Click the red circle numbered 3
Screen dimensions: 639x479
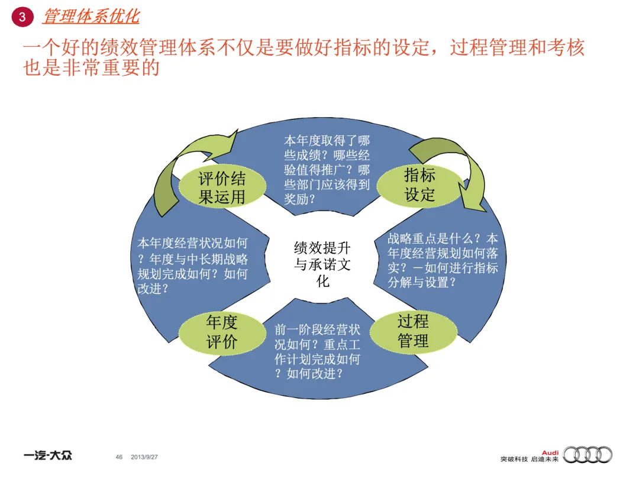22,17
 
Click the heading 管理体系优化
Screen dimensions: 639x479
91,17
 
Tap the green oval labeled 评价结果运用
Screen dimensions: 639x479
222,187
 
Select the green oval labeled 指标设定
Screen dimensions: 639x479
419,185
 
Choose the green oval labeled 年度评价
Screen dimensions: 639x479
222,332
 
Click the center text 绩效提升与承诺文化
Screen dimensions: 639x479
322,264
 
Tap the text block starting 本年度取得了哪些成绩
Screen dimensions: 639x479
327,170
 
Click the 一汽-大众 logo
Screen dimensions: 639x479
48,456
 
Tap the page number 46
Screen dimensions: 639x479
119,457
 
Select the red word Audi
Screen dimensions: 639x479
550,451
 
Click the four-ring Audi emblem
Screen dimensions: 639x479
588,454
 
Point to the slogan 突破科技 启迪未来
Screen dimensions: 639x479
529,459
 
